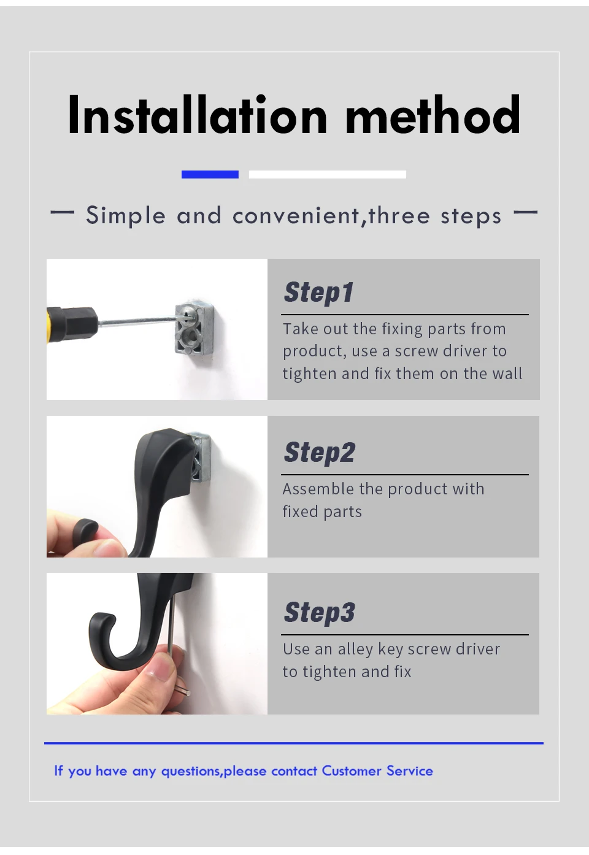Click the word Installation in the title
click(198, 115)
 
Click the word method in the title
click(433, 115)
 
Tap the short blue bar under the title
click(210, 174)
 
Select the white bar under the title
click(328, 174)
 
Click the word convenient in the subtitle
click(296, 216)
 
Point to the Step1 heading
click(319, 293)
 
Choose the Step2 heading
click(320, 453)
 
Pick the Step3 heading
click(320, 612)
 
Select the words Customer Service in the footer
click(377, 770)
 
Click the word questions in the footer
click(190, 772)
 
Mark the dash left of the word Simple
click(62, 212)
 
